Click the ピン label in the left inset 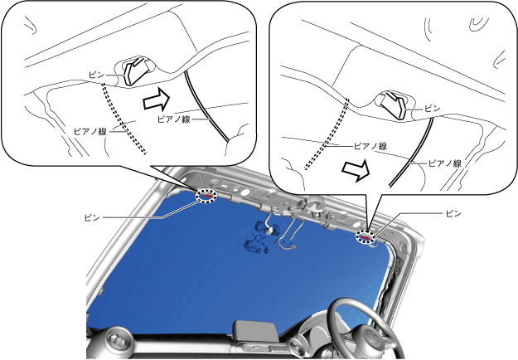click(97, 75)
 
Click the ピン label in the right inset click(433, 109)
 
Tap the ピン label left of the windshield click(92, 218)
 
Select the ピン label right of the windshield click(453, 213)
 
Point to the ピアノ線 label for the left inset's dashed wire click(90, 132)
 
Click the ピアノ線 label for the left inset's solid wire click(174, 119)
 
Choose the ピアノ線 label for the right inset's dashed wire click(370, 146)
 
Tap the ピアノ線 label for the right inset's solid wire click(445, 163)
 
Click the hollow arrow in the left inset click(157, 99)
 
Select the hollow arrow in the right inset click(355, 170)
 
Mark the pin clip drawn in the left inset click(136, 71)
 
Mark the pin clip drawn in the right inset click(393, 105)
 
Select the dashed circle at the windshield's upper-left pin click(207, 195)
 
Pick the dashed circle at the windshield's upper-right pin click(366, 237)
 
